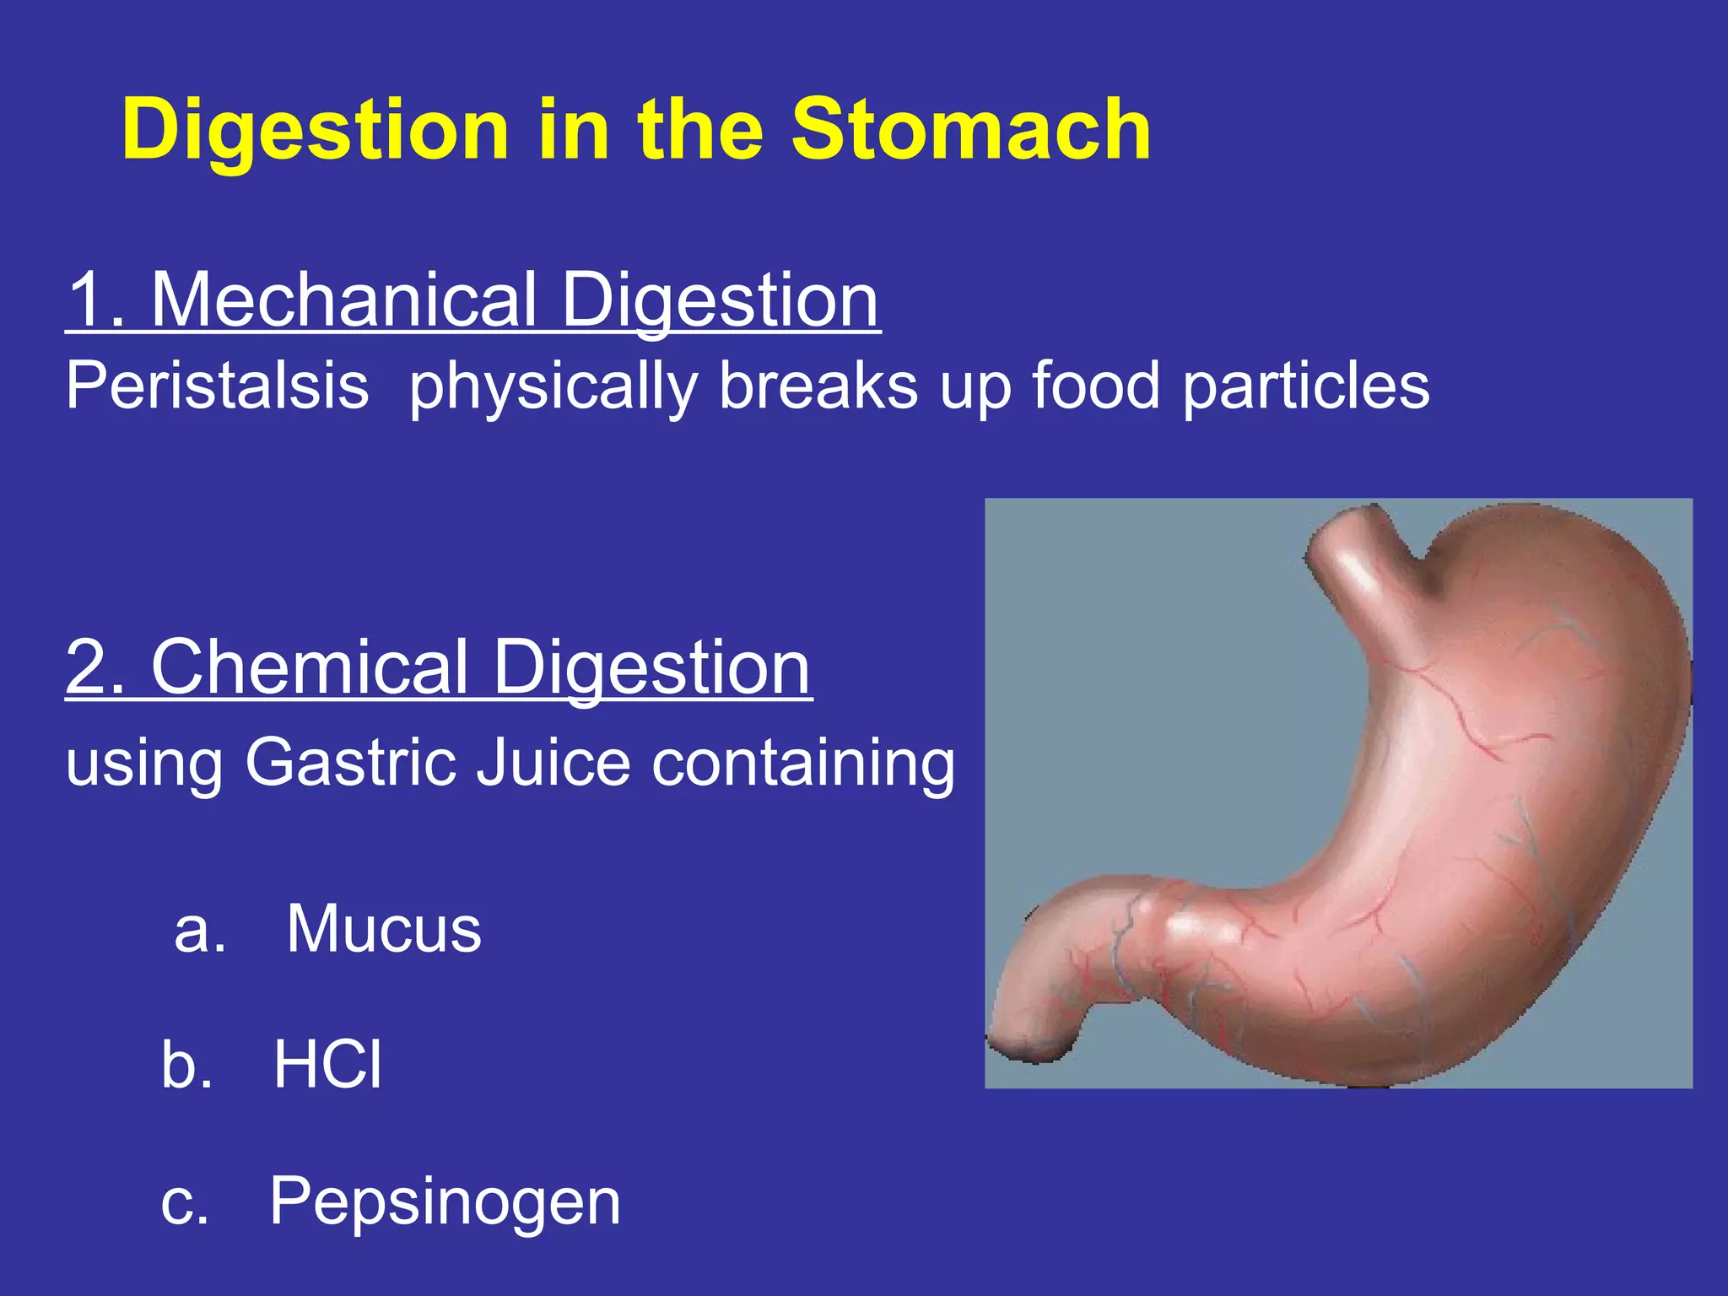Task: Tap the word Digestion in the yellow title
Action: click(x=316, y=132)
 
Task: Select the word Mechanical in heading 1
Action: click(x=344, y=300)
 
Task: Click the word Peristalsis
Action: click(x=218, y=386)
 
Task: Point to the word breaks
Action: click(x=818, y=386)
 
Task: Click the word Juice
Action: click(x=553, y=762)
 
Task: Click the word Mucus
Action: click(x=384, y=929)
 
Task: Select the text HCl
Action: click(x=327, y=1065)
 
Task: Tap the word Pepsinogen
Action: click(x=445, y=1201)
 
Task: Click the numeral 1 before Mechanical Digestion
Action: click(x=89, y=300)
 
